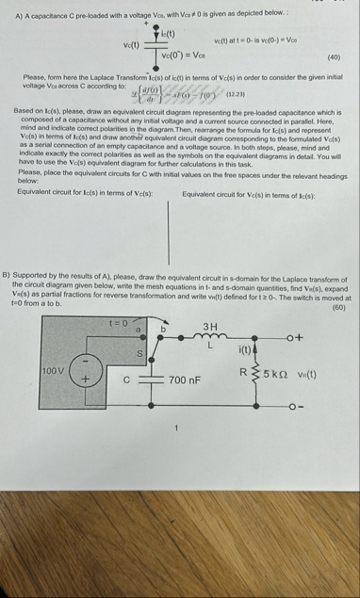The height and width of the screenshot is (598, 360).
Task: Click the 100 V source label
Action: tap(52, 371)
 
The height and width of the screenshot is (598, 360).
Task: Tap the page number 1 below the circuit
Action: tap(174, 428)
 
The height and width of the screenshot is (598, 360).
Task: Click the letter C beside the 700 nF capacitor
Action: tap(126, 380)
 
